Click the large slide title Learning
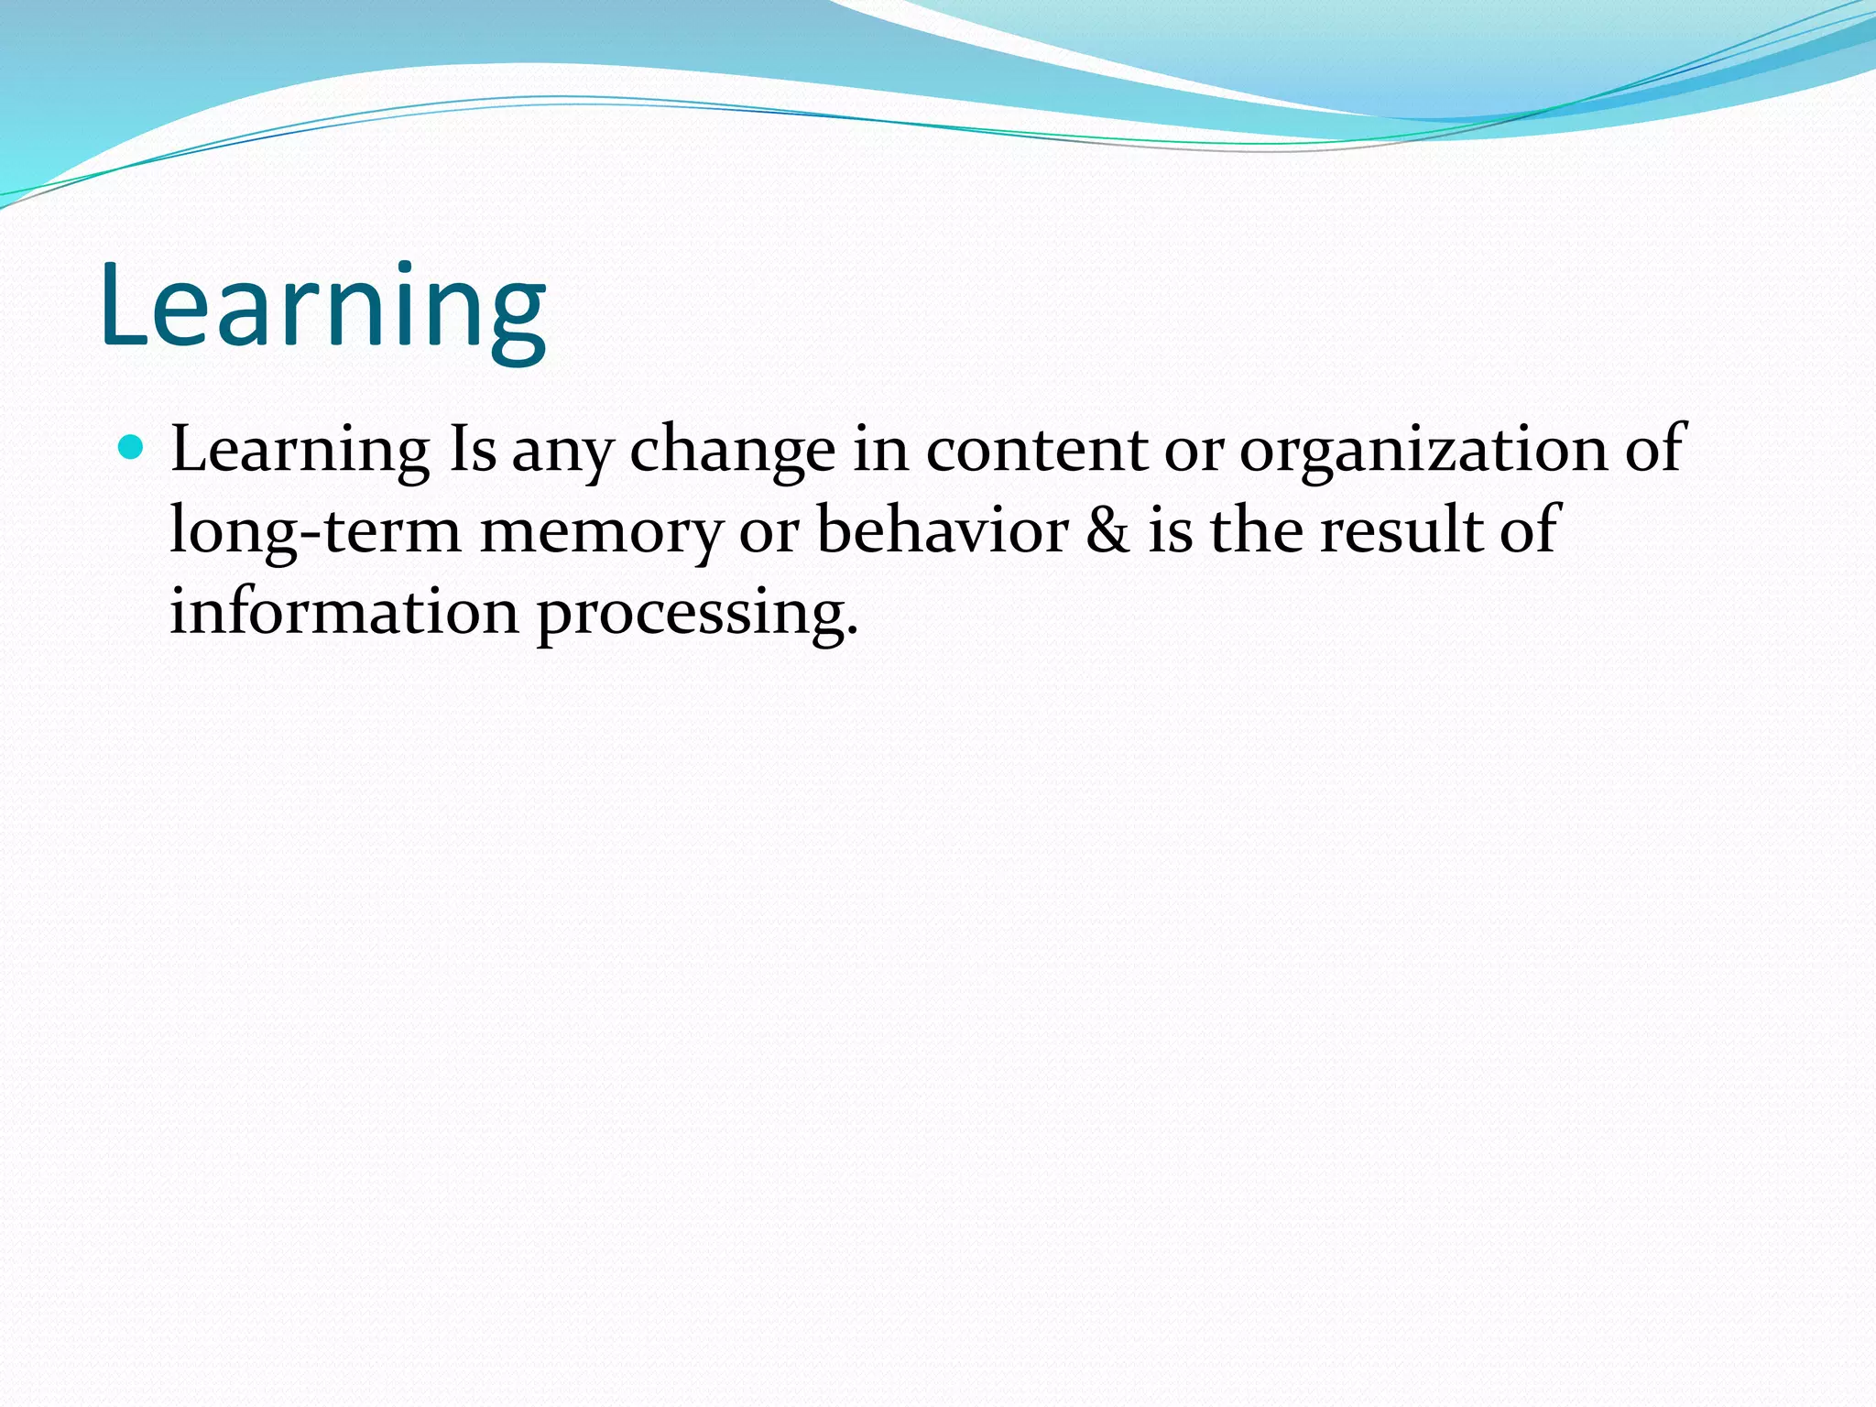click(x=322, y=307)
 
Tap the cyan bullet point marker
click(x=132, y=448)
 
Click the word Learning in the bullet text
click(x=300, y=451)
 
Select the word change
click(x=732, y=451)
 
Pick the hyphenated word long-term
click(x=315, y=531)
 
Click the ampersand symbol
click(x=1107, y=530)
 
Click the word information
click(x=344, y=611)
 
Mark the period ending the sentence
click(x=853, y=632)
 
